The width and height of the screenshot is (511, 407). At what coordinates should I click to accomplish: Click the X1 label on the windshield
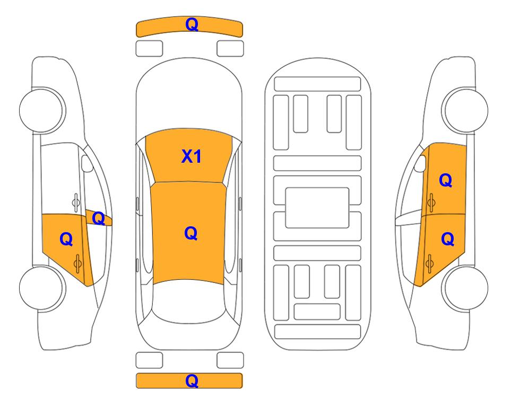192,156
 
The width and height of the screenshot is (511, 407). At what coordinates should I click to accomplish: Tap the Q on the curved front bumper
192,24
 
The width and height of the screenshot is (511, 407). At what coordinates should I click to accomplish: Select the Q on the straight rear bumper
192,381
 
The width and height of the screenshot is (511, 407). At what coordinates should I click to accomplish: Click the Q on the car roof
191,233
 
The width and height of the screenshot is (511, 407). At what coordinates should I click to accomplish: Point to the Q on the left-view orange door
66,239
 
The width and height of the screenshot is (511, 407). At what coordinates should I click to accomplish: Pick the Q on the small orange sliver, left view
98,218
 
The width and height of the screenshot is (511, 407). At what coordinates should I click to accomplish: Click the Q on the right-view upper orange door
446,180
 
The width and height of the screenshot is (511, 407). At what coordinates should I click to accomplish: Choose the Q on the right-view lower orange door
447,239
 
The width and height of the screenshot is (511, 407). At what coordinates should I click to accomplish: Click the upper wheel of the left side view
41,110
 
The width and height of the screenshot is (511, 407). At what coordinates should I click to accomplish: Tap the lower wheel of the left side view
41,288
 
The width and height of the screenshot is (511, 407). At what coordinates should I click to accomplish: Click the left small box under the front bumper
149,49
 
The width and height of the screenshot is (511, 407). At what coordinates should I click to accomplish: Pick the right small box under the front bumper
230,49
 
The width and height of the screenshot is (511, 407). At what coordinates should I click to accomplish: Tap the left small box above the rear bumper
149,360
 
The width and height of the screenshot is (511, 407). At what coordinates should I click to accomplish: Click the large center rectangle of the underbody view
317,208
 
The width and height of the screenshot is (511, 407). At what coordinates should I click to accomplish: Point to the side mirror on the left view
87,163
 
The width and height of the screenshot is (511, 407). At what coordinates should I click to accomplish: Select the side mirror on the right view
420,163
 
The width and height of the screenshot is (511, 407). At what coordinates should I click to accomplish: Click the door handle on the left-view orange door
77,263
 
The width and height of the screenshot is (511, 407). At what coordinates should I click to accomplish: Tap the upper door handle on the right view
431,202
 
